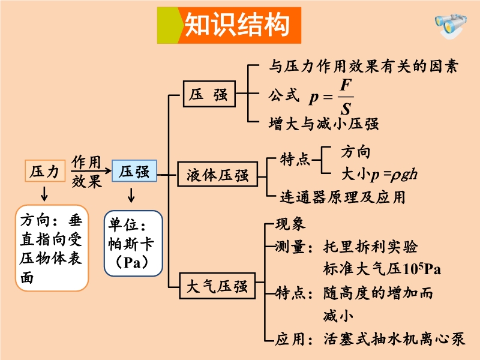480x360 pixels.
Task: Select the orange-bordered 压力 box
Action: click(44, 172)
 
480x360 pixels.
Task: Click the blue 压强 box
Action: click(134, 172)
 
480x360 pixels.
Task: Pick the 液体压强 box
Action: click(217, 176)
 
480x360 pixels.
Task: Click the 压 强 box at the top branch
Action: click(209, 94)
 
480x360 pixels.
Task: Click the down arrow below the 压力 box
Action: click(44, 193)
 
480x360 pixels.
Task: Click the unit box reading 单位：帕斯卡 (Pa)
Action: click(133, 243)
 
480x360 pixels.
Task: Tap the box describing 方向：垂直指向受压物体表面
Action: click(52, 248)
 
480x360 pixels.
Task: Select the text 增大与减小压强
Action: click(323, 124)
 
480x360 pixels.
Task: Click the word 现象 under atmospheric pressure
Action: click(290, 224)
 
